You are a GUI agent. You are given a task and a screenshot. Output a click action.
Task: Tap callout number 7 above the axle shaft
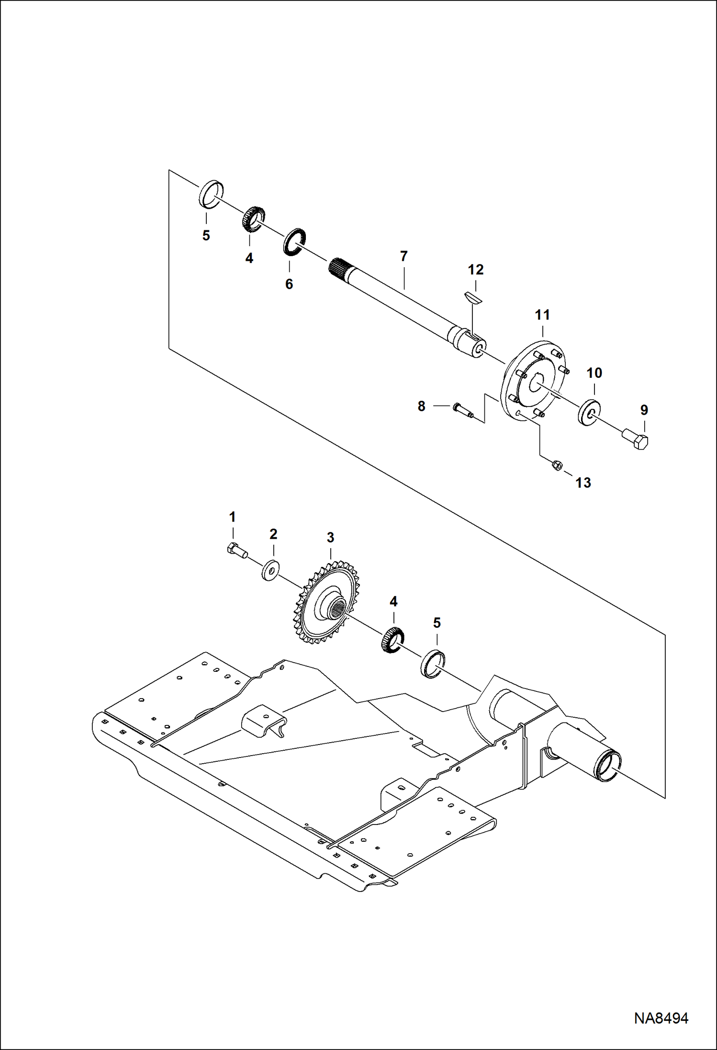[403, 256]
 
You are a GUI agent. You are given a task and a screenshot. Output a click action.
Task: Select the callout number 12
[476, 270]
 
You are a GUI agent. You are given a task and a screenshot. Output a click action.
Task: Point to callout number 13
[583, 483]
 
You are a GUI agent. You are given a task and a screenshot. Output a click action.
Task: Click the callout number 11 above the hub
[542, 315]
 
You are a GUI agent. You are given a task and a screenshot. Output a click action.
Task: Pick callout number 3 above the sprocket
[330, 538]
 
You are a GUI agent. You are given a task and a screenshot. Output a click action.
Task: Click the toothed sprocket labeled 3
[328, 602]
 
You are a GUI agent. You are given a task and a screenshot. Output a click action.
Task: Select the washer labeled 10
[590, 412]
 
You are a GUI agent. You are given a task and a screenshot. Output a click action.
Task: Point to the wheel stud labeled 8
[462, 410]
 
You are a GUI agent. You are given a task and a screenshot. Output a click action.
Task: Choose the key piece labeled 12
[474, 297]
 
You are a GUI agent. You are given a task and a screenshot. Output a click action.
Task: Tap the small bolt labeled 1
[237, 550]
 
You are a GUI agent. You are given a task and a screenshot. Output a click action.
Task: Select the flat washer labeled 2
[271, 570]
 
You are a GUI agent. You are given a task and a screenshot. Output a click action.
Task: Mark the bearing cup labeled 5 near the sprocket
[433, 664]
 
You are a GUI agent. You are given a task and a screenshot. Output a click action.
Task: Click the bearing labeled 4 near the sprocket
[392, 640]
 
